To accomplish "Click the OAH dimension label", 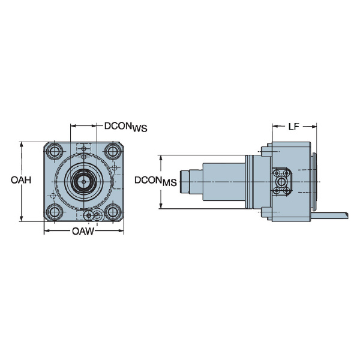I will coord(21,179).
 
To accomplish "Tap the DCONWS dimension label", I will coord(125,127).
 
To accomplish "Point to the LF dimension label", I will coord(293,127).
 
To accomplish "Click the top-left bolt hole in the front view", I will coord(55,151).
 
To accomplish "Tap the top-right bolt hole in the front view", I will coord(112,151).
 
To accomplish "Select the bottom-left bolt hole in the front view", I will coord(55,211).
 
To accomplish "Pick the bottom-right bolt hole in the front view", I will coord(112,211).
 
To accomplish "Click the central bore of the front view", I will coord(83,181).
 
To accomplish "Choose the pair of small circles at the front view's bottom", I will coord(91,215).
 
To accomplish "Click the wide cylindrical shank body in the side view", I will coord(223,182).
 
